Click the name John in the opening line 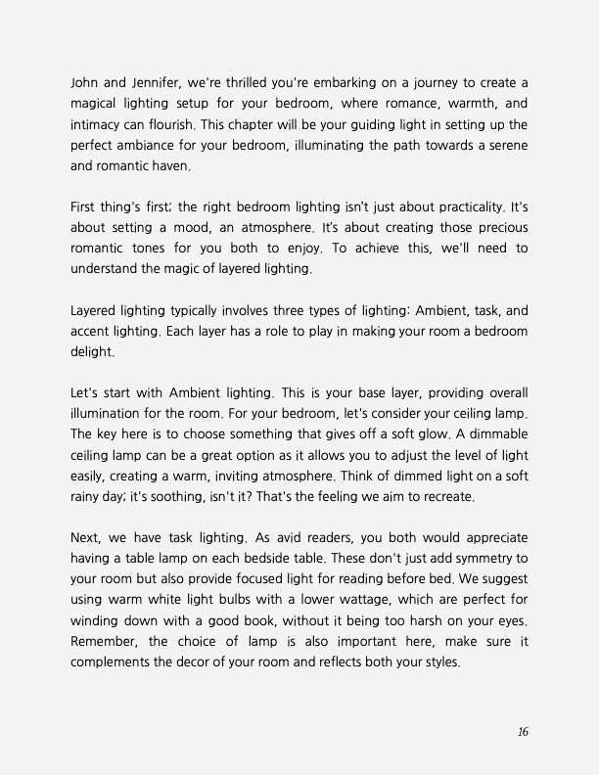pos(87,79)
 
